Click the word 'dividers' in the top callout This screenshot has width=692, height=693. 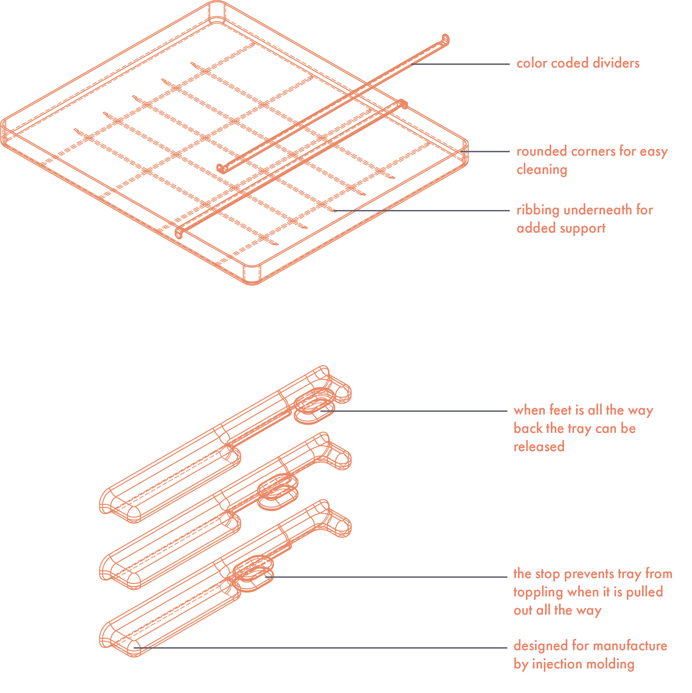click(616, 63)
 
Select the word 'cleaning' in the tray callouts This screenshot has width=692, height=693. click(542, 170)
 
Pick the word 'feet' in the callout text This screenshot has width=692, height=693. click(560, 410)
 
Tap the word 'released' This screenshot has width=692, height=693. click(539, 447)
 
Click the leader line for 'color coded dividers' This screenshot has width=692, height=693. click(461, 64)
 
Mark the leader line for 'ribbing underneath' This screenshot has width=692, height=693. click(422, 210)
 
